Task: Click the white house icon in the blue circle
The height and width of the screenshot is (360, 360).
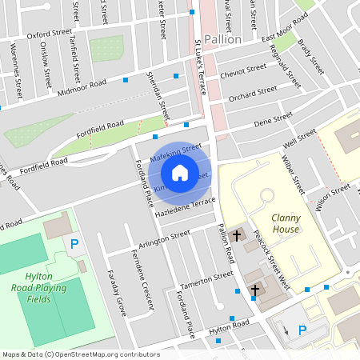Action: pos(180,173)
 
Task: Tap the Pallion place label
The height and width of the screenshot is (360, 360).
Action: pos(222,39)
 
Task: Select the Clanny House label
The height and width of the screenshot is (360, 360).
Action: pos(285,223)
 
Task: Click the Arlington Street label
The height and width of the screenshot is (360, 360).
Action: pos(165,238)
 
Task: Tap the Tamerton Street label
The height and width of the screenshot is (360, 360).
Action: pos(185,281)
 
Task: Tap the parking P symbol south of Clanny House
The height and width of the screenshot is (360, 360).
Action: pos(302,330)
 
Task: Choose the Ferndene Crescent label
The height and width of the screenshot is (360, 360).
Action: pos(141,282)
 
